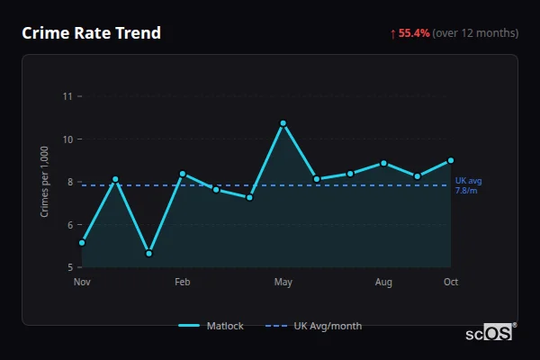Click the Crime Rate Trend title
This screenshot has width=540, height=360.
91,33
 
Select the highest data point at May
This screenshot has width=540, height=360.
283,123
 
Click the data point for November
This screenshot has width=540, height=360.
82,243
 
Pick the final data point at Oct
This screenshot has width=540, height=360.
451,160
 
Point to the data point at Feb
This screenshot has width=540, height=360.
183,174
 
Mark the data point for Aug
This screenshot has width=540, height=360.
383,163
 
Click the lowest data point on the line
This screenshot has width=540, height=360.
149,254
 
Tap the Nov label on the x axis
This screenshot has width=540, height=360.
82,283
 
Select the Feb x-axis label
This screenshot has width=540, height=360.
183,283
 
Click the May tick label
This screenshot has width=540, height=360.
283,283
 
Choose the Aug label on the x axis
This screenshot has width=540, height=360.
383,283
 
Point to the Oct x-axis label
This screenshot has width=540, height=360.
451,283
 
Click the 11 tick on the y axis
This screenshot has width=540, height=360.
67,95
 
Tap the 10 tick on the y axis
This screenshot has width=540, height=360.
67,139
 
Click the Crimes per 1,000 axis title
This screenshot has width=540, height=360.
45,182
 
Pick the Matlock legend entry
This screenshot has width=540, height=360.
211,326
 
